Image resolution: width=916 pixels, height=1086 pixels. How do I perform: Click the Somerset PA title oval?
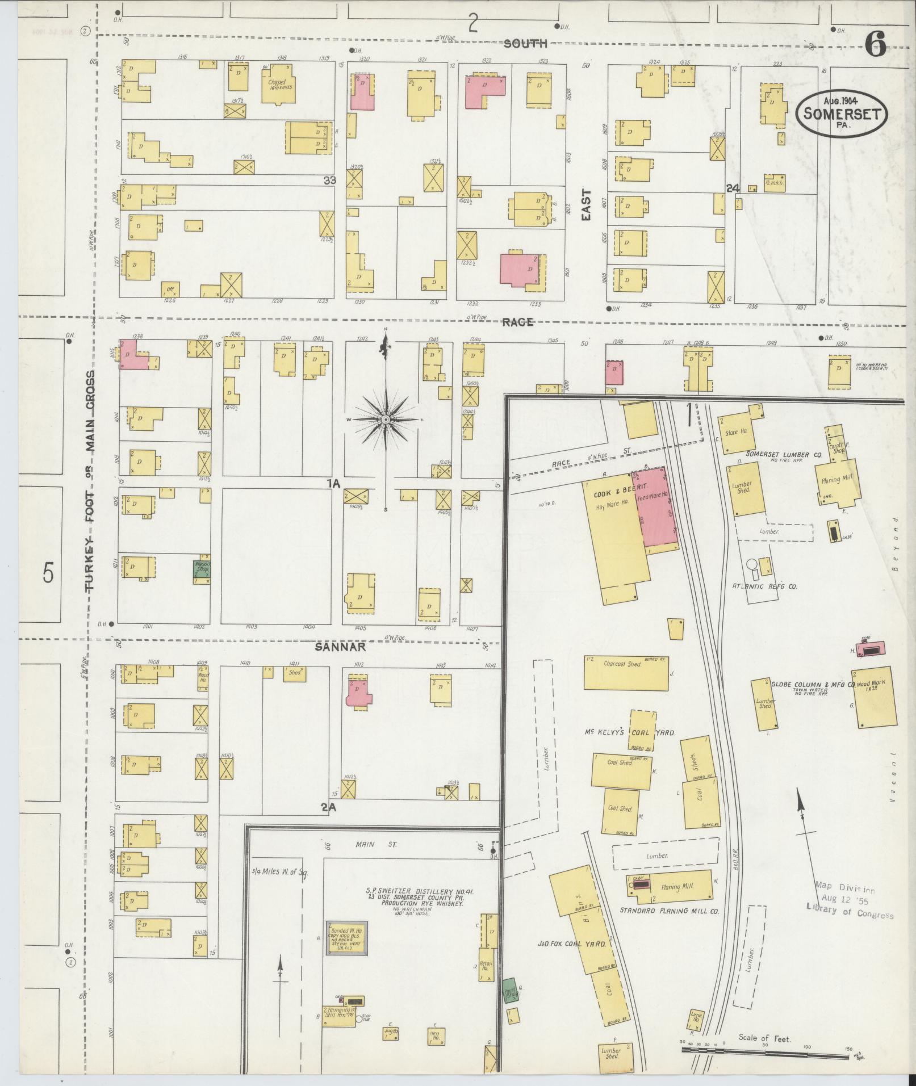[842, 112]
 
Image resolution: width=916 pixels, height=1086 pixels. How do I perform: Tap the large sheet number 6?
[876, 43]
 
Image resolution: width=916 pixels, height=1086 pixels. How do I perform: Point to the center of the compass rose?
[386, 419]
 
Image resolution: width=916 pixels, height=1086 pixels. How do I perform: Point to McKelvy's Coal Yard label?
[630, 732]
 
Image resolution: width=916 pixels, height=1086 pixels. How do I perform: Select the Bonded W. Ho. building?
[346, 937]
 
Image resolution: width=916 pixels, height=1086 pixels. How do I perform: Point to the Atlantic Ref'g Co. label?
[765, 586]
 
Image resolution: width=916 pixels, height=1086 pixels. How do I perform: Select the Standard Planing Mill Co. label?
[669, 926]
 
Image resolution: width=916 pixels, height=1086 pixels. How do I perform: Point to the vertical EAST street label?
[586, 204]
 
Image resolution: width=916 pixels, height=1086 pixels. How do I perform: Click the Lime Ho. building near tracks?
[696, 1020]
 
